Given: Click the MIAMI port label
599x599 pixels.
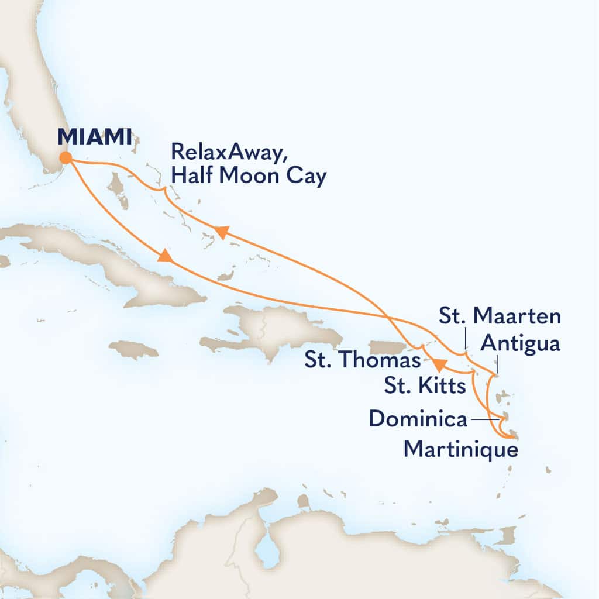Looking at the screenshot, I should pos(94,137).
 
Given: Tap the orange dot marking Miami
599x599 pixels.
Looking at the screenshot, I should pos(66,157).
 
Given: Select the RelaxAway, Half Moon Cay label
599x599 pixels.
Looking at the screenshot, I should pos(247,164).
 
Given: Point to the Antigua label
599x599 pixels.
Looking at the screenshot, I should pos(519,343).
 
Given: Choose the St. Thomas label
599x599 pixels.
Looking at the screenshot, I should pos(362,359).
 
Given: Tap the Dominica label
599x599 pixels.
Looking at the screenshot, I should pos(418,419).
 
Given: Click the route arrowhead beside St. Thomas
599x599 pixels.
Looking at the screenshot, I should pos(440,365).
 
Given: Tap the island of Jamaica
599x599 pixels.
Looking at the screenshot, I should pos(133,350).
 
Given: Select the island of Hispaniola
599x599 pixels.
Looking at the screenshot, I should pos(275,331).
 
